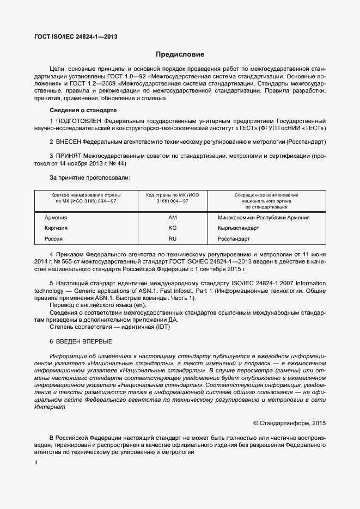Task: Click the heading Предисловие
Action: coord(180,54)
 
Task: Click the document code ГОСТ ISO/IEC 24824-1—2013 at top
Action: coord(76,37)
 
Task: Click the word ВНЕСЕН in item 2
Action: coord(68,142)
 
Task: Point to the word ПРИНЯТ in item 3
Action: coord(69,156)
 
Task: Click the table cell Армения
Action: coord(56,218)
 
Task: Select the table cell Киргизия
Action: coord(56,228)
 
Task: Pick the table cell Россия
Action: coord(53,238)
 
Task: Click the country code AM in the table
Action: coord(173,218)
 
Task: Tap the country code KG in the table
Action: coord(173,228)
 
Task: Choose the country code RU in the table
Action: coord(173,238)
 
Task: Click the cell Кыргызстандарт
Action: coord(238,228)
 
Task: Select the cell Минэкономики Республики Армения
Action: coord(263,218)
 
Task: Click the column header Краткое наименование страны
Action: coord(86,195)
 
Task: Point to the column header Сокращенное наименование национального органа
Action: coord(266,198)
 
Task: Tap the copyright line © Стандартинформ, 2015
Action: coord(289,423)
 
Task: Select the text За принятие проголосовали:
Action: coord(90,177)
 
